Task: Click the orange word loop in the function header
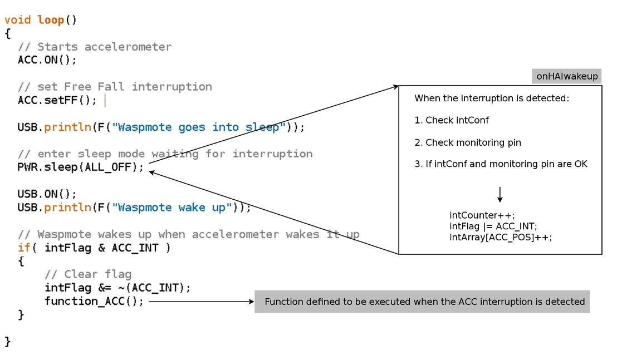tap(51, 19)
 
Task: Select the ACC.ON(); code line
tap(47, 60)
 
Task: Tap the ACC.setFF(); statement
tap(57, 100)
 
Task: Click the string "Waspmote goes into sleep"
tap(199, 127)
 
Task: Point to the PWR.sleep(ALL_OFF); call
tap(80, 167)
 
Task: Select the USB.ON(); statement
tap(47, 194)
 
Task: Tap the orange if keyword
tap(24, 248)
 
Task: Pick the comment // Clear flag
tap(88, 274)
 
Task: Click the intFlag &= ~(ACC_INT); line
tap(117, 288)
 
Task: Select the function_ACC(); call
tap(94, 301)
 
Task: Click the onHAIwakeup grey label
tap(567, 76)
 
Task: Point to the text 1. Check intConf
tap(452, 120)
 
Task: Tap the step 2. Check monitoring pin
tap(467, 142)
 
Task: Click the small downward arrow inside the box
tap(500, 195)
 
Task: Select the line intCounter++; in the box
tap(482, 215)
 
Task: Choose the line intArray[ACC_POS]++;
tap(501, 238)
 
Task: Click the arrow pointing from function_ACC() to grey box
tap(202, 302)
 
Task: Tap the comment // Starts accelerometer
tap(95, 47)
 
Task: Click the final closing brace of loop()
tap(7, 342)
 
